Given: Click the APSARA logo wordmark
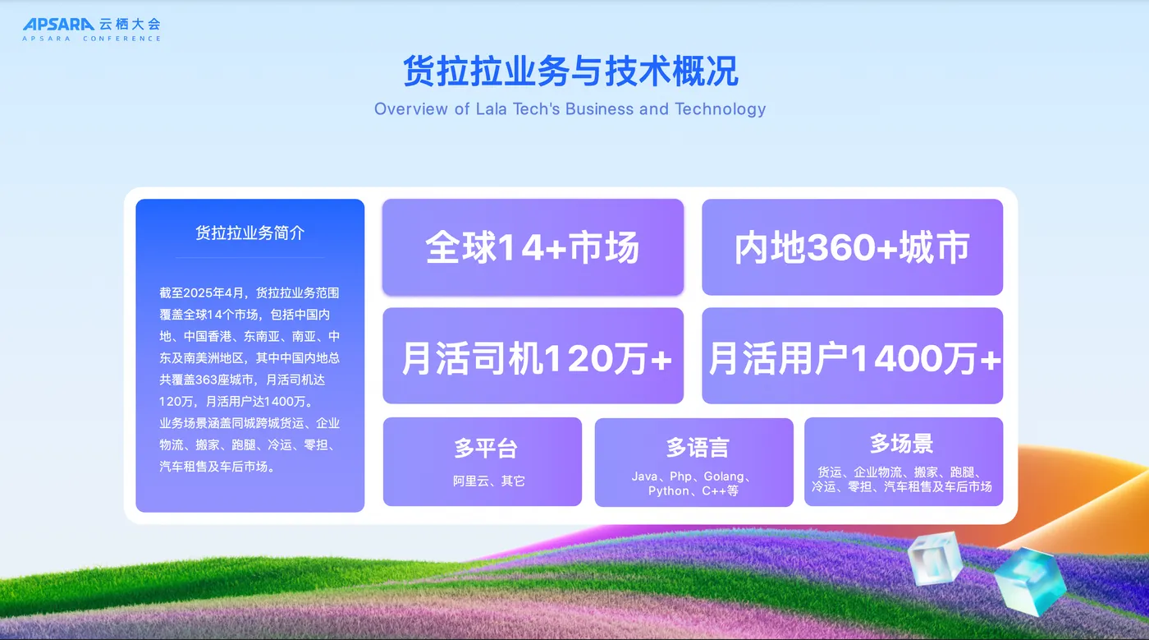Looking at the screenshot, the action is coord(58,24).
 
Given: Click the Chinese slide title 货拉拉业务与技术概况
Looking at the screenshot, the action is coord(570,71).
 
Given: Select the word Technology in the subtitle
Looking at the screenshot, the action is coord(721,109).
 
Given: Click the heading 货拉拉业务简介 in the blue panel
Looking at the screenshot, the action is coord(249,233).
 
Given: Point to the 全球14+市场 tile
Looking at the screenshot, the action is coord(533,247).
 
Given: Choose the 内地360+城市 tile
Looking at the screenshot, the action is coord(853,247).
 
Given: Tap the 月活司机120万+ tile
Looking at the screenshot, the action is coord(533,356).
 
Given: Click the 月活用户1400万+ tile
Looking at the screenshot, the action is coord(853,356).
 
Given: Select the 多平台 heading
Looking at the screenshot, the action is coord(486,448).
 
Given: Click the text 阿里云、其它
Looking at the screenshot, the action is coord(489,481).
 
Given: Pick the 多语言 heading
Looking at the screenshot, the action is coord(698,448).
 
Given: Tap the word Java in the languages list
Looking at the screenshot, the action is coord(644,477).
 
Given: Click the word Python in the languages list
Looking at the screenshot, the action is coord(668,491).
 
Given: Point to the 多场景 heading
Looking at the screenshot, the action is coord(901,444).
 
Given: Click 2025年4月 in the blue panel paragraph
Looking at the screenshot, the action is coord(213,292).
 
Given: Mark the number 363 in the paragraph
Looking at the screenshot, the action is coord(207,380).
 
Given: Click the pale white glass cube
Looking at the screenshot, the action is coord(935,559).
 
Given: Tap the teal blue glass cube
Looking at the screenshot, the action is coord(1030,582).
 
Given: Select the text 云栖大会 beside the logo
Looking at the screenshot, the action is coord(130,24).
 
